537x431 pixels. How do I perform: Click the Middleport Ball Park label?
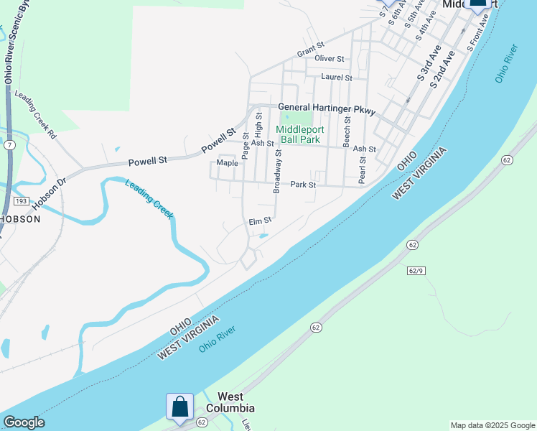300,134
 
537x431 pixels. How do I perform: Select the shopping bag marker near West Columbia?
179,406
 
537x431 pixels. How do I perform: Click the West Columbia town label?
230,402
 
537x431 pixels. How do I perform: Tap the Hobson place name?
19,219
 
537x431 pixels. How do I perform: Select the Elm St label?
260,221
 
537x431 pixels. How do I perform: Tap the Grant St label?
311,53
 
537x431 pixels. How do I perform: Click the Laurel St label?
337,77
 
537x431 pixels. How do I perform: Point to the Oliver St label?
330,58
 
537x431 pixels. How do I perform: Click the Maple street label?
227,163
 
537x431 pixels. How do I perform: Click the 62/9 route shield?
416,270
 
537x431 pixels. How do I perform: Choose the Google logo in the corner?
24,422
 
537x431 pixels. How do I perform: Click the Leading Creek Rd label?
35,114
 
